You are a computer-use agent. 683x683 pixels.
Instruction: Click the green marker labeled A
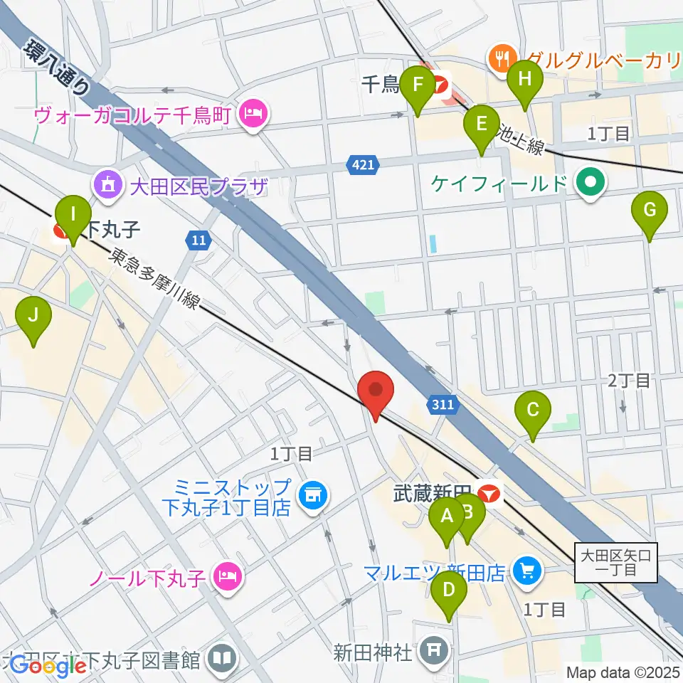pyautogui.click(x=448, y=517)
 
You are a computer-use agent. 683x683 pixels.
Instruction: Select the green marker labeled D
pyautogui.click(x=449, y=591)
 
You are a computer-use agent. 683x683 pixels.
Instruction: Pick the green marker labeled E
pyautogui.click(x=482, y=125)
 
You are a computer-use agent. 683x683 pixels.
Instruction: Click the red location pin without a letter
pyautogui.click(x=376, y=393)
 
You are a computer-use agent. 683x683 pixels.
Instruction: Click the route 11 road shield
pyautogui.click(x=198, y=240)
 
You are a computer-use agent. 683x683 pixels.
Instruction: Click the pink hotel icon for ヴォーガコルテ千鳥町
pyautogui.click(x=252, y=112)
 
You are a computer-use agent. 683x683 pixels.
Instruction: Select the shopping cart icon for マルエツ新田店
pyautogui.click(x=527, y=571)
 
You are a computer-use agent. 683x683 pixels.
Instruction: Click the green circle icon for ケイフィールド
pyautogui.click(x=590, y=184)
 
